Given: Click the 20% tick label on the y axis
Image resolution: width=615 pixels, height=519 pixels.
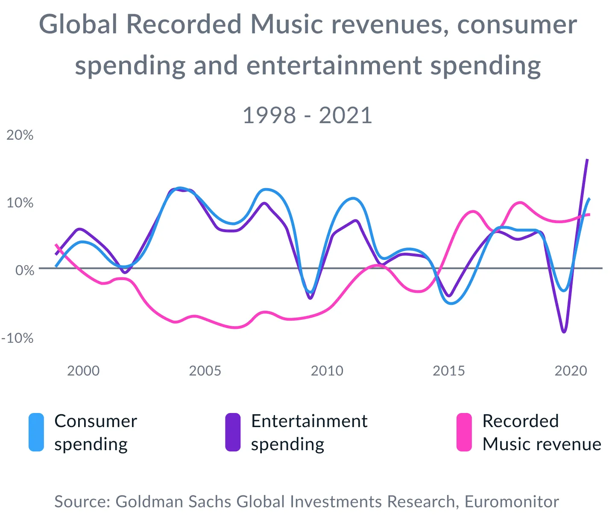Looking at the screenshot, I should pos(20,135).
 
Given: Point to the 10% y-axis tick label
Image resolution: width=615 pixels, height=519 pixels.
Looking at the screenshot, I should pos(20,203).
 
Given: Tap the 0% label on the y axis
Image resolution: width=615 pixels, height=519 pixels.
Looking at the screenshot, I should pos(25,270).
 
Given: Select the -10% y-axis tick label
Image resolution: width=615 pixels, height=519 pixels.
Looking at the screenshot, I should pos(18,338).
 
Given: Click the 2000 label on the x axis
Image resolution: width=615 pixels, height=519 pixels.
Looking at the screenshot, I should pos(83,371).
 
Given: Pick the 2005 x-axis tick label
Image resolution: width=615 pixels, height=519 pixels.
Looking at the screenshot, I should pos(205,371).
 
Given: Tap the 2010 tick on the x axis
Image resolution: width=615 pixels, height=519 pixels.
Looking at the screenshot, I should pos(327,371).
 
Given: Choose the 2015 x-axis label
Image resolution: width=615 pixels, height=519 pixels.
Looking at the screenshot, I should pos(448,371).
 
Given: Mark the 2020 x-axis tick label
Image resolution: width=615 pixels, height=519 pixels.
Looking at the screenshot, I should pos(571,371).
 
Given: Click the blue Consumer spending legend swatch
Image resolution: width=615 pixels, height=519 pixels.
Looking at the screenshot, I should pos(36,432).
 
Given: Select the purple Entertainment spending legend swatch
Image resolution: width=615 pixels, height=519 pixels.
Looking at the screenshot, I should pos(233,432).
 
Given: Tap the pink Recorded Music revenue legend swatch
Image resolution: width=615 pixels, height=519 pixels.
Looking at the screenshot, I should pos(464,432).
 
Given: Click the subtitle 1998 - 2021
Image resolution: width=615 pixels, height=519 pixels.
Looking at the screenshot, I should pos(307,115).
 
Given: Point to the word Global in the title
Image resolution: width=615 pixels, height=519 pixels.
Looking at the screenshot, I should pos(78,24).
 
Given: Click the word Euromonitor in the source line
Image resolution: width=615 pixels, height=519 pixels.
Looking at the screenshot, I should pos(512,501).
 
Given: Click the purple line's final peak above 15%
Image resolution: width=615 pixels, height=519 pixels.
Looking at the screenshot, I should pos(587,160).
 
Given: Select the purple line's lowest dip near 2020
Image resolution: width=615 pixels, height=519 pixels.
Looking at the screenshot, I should pos(564,331).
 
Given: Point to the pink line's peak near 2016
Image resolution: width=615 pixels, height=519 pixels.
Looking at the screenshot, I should pos(473,211).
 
